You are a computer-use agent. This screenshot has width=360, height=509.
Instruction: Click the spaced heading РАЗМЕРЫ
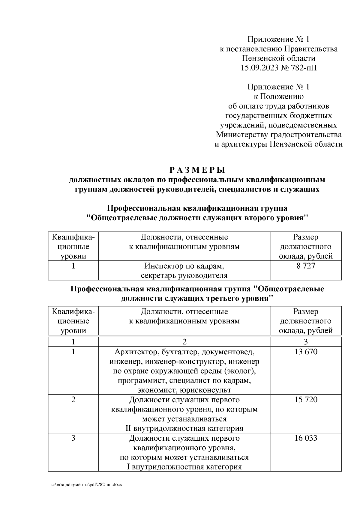(x=197, y=170)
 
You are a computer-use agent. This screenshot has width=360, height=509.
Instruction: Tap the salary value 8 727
(x=306, y=266)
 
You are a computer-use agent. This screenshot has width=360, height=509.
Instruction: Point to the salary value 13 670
(x=306, y=351)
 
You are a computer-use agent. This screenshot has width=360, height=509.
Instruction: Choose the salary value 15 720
(x=306, y=400)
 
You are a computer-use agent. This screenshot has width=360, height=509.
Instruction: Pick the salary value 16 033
(x=306, y=438)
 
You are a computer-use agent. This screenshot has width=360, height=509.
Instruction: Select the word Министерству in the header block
(x=242, y=135)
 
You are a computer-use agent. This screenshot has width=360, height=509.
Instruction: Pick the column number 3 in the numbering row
(x=306, y=342)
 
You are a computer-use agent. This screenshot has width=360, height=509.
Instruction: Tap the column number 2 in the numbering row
(x=184, y=342)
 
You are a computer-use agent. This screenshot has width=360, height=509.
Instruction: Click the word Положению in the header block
(x=281, y=97)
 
